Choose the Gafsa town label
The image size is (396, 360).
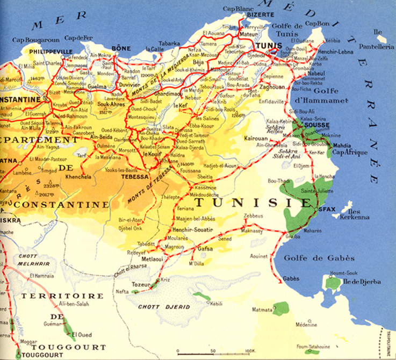(x=205, y=249)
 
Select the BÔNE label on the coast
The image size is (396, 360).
(x=120, y=48)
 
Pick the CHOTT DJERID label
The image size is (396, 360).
(x=157, y=306)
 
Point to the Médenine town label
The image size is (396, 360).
(x=305, y=325)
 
